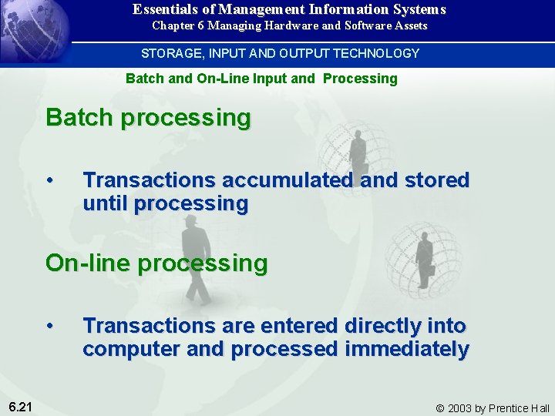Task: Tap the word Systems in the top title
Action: click(x=421, y=10)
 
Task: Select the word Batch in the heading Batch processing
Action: click(x=79, y=118)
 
